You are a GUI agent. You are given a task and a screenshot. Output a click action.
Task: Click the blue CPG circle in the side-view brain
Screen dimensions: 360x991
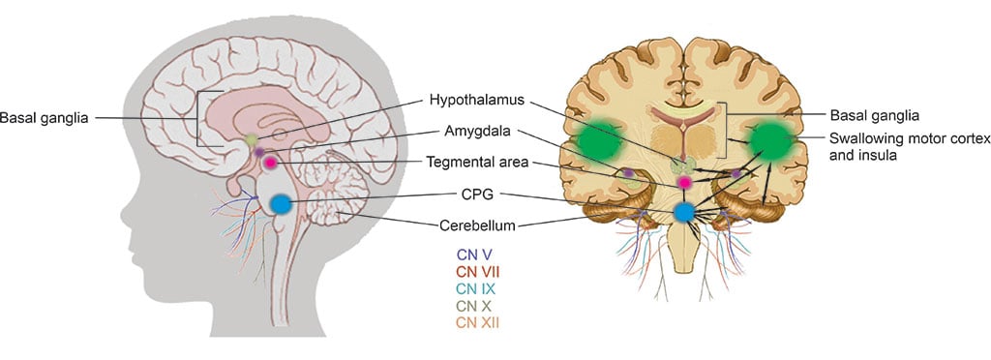(281, 204)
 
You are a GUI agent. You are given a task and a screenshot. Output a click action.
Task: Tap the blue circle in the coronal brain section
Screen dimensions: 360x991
(685, 213)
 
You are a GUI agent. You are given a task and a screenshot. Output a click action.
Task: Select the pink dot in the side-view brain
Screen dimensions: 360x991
(271, 163)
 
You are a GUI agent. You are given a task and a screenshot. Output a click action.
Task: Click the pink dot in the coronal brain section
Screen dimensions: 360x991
(685, 181)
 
